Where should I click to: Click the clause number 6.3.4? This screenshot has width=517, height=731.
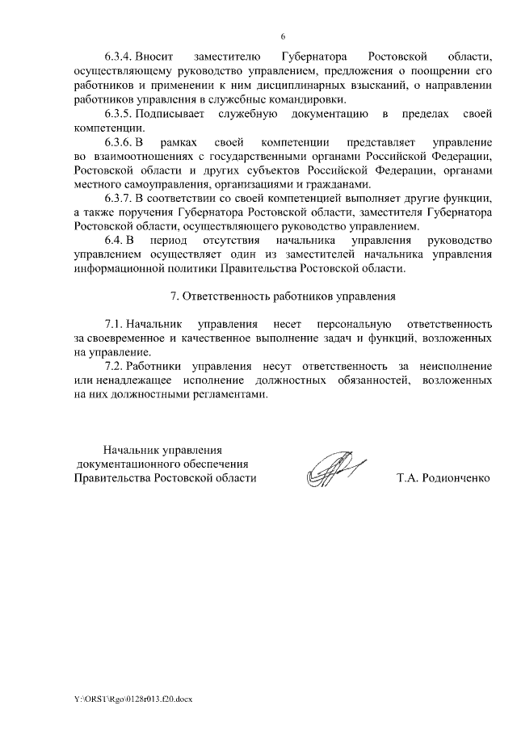click(118, 57)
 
